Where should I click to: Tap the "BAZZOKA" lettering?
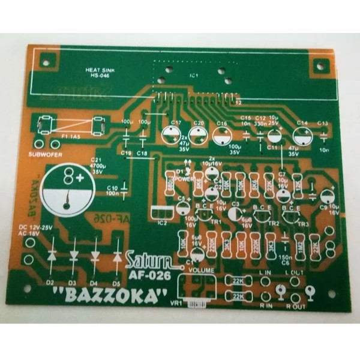tap(109, 296)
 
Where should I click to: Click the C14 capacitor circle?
tap(302, 135)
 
